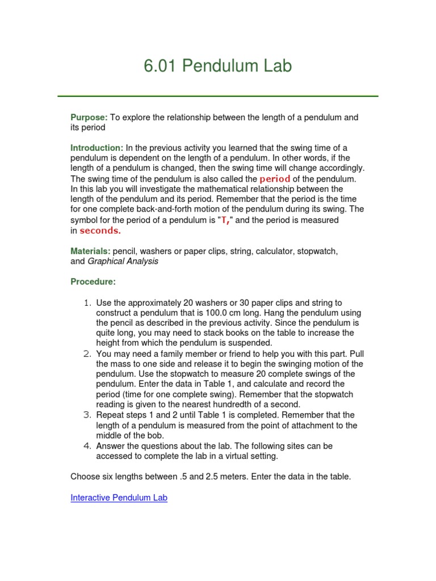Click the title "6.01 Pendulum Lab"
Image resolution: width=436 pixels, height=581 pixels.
(x=217, y=66)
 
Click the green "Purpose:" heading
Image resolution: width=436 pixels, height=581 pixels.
(x=89, y=117)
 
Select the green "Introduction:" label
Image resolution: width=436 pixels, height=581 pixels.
(x=97, y=148)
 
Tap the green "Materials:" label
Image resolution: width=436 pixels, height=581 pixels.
(x=90, y=251)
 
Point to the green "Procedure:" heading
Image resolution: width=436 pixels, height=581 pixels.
(x=93, y=281)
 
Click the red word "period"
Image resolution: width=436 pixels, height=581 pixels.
(x=275, y=179)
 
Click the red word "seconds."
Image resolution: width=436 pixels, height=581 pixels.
(x=100, y=230)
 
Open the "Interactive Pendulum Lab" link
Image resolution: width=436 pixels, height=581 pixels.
(x=119, y=498)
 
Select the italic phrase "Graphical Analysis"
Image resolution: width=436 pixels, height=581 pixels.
(x=123, y=262)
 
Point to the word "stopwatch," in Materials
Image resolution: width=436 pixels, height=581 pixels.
(x=319, y=251)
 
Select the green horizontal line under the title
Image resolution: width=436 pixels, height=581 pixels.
(x=217, y=96)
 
